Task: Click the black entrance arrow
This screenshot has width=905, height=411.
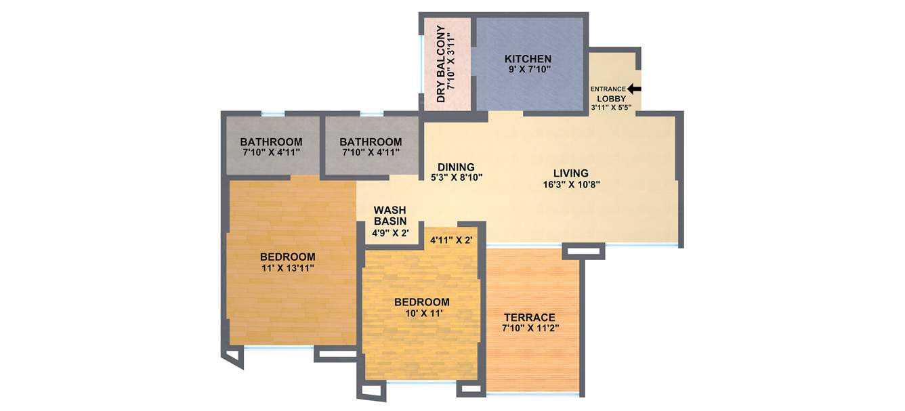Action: pyautogui.click(x=634, y=89)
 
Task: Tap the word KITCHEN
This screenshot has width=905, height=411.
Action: pyautogui.click(x=528, y=59)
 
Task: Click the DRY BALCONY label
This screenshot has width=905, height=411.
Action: pyautogui.click(x=440, y=64)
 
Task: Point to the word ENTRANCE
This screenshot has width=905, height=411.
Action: pyautogui.click(x=608, y=89)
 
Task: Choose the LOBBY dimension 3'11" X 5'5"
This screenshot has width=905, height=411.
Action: pyautogui.click(x=612, y=107)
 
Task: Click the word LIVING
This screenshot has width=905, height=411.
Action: pyautogui.click(x=570, y=173)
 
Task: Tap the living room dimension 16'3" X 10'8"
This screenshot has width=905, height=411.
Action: pyautogui.click(x=570, y=183)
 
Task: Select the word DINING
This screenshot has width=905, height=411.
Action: pyautogui.click(x=456, y=167)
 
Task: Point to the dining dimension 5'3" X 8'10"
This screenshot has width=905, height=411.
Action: pyautogui.click(x=457, y=178)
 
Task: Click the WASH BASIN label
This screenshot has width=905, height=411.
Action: pyautogui.click(x=390, y=215)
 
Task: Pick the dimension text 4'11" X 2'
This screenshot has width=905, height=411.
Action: pyautogui.click(x=450, y=240)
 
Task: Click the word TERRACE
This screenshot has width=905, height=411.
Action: pyautogui.click(x=529, y=317)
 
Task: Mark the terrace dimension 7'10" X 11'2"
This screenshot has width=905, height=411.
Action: pyautogui.click(x=530, y=328)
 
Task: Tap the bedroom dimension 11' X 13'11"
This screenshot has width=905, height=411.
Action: pyautogui.click(x=288, y=268)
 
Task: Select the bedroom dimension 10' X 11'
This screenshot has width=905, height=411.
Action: pyautogui.click(x=421, y=313)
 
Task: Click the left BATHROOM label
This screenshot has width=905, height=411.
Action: pyautogui.click(x=271, y=142)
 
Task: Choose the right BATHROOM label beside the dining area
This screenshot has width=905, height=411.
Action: pyautogui.click(x=371, y=142)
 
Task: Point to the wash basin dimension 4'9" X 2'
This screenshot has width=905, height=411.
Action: pyautogui.click(x=390, y=233)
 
